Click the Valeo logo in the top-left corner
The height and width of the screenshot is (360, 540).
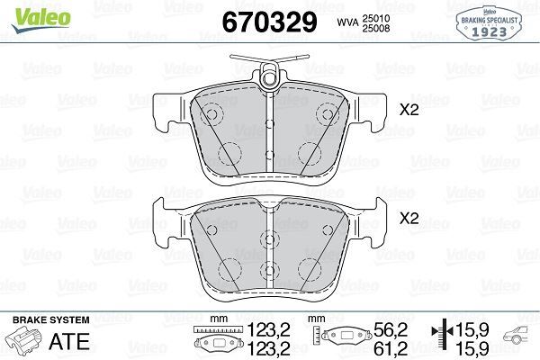click(40, 20)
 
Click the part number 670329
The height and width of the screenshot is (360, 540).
click(269, 22)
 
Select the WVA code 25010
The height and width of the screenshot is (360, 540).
click(375, 18)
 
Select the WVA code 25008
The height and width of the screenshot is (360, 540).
click(375, 28)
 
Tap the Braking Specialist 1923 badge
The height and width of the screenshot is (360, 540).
click(489, 23)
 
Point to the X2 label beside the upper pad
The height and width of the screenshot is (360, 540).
click(409, 110)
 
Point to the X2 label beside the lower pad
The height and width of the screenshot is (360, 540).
click(409, 218)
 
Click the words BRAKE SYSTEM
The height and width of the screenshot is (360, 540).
click(51, 320)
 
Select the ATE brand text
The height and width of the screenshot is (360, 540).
click(69, 341)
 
